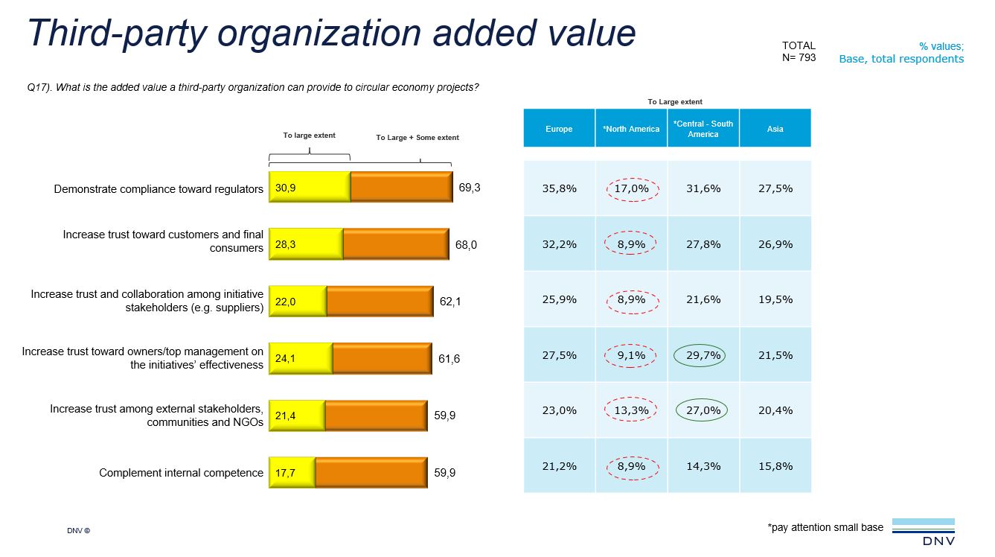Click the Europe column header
pyautogui.click(x=559, y=129)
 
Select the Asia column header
pyautogui.click(x=775, y=129)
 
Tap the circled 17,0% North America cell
pyautogui.click(x=631, y=188)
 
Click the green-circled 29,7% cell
pyautogui.click(x=703, y=355)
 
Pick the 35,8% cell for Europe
pyautogui.click(x=559, y=188)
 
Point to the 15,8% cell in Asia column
pyautogui.click(x=775, y=466)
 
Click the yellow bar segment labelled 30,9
pyautogui.click(x=309, y=188)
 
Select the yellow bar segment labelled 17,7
pyautogui.click(x=292, y=473)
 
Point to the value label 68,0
pyautogui.click(x=466, y=244)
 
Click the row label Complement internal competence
pyautogui.click(x=181, y=473)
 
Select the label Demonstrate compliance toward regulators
pyautogui.click(x=159, y=189)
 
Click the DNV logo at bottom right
pyautogui.click(x=923, y=532)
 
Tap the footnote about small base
pyautogui.click(x=825, y=527)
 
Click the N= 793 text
pyautogui.click(x=799, y=58)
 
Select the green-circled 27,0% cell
pyautogui.click(x=703, y=410)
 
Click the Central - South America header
pyautogui.click(x=703, y=129)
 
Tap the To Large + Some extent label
pyautogui.click(x=417, y=138)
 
